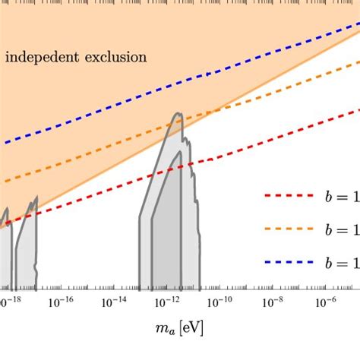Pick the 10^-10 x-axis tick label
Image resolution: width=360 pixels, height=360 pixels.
tap(220, 302)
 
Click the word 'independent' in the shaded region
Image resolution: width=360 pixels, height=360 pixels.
tap(42, 57)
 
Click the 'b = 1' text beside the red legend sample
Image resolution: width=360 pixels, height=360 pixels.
tap(341, 196)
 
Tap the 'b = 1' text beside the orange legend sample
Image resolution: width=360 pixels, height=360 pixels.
tap(341, 229)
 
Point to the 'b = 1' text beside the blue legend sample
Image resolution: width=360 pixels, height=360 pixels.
tap(341, 261)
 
